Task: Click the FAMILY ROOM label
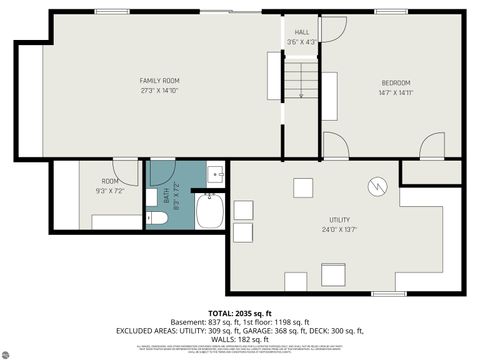(159, 80)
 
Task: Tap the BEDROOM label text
(395, 82)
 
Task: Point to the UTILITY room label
(339, 219)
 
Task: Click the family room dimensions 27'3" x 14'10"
(159, 90)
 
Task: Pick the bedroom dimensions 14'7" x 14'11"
(395, 92)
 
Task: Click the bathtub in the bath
(211, 211)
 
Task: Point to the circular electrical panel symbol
(376, 185)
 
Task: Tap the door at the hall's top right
(333, 28)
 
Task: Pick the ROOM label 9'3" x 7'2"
(108, 185)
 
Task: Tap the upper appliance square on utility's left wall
(242, 209)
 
